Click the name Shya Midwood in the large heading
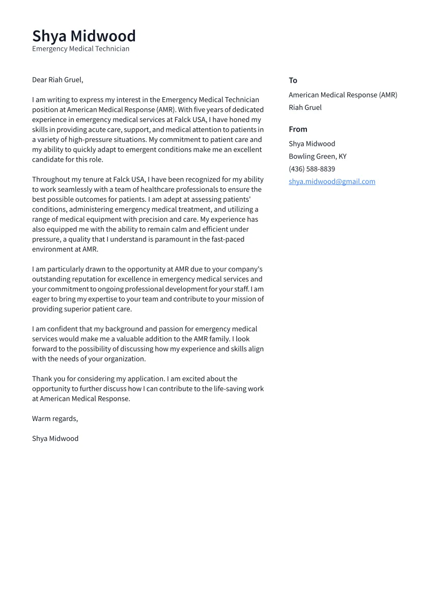(84, 36)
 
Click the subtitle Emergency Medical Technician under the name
(80, 49)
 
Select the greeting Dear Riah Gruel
(58, 80)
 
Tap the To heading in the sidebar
(293, 80)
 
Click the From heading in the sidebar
(298, 129)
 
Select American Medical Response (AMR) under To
(343, 95)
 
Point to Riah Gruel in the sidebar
(305, 107)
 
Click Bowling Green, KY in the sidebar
(317, 156)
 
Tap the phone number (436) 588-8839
(312, 169)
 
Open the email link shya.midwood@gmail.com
(332, 182)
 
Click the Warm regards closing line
(55, 418)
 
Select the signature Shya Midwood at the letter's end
(55, 438)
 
